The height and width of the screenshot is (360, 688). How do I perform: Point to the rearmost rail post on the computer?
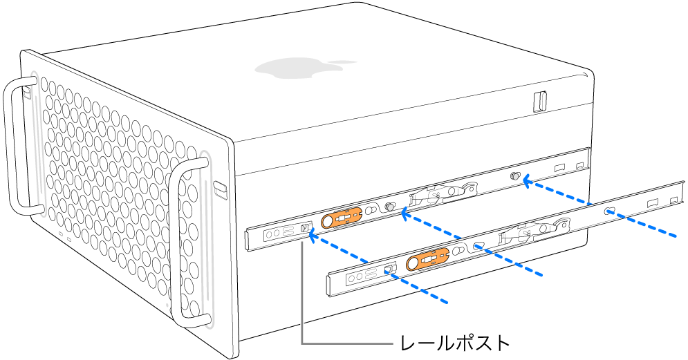click(x=514, y=177)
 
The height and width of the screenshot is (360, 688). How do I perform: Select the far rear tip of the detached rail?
click(x=680, y=190)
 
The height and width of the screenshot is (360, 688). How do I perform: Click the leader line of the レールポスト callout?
click(x=302, y=304)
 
